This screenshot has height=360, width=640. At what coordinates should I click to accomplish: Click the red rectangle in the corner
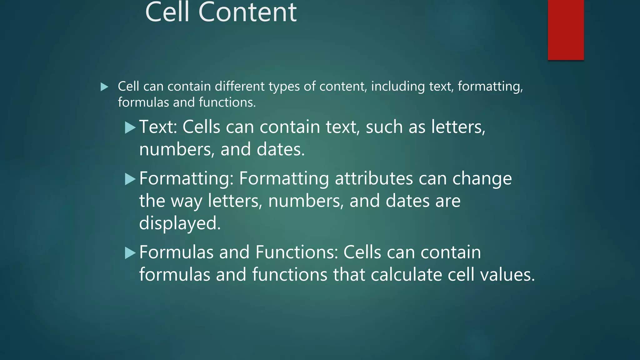click(566, 30)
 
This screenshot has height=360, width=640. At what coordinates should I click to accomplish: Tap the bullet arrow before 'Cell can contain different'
click(104, 87)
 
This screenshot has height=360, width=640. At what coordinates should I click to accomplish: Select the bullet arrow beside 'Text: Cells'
click(130, 128)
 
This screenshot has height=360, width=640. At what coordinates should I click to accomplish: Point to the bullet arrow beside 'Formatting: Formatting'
click(130, 179)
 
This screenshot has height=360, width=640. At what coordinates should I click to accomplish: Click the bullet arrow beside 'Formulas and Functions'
click(130, 253)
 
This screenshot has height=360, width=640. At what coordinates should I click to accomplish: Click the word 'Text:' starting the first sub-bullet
click(158, 127)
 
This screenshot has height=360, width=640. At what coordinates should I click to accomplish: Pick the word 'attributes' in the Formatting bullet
click(374, 179)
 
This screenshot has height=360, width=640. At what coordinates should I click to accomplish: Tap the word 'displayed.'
click(180, 223)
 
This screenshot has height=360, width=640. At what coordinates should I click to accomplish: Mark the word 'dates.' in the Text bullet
click(280, 149)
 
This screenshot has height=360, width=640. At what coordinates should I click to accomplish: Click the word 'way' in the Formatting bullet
click(187, 201)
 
